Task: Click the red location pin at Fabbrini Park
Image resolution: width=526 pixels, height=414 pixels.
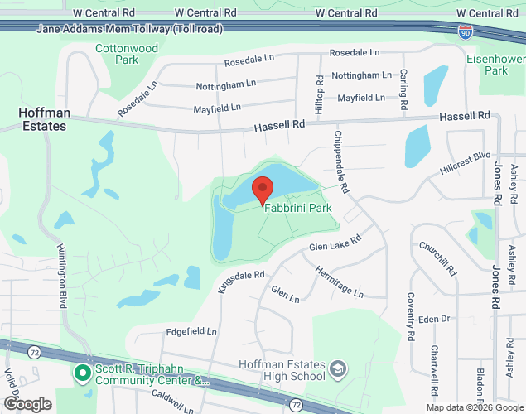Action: tap(263, 190)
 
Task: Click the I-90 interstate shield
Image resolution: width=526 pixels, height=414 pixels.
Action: tap(466, 31)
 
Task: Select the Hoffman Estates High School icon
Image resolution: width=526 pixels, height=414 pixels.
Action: tap(338, 368)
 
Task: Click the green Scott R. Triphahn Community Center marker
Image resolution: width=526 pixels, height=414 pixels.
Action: tap(82, 373)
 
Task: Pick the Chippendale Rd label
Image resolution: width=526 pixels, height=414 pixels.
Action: tap(342, 162)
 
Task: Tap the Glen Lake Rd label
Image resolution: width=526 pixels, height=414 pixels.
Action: tap(335, 244)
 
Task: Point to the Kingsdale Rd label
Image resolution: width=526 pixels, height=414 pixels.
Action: tap(240, 282)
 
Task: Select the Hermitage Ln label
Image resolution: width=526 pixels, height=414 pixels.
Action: tap(339, 282)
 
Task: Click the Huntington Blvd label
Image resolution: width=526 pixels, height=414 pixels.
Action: tap(62, 276)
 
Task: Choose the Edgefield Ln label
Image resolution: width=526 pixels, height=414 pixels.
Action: tap(191, 331)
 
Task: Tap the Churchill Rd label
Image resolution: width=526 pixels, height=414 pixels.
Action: tap(448, 258)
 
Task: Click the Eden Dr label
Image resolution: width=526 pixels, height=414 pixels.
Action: tap(433, 318)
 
